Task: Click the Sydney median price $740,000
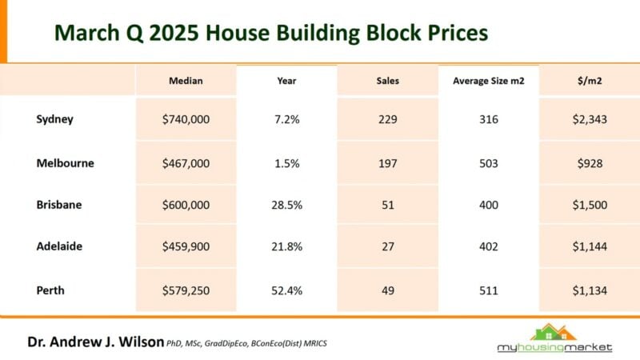[x=186, y=119]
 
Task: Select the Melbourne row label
[x=65, y=162]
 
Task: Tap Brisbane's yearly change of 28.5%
[x=286, y=205]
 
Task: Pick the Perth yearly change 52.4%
[x=286, y=290]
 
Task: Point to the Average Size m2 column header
[x=488, y=81]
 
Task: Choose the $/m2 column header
[x=589, y=81]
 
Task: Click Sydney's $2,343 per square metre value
[x=589, y=119]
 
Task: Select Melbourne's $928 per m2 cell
[x=589, y=162]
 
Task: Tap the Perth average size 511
[x=488, y=290]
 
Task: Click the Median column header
[x=186, y=81]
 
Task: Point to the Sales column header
[x=387, y=81]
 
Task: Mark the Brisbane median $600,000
[x=186, y=205]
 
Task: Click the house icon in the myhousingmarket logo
[x=554, y=331]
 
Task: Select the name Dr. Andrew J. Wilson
[x=94, y=342]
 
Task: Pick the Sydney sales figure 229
[x=387, y=119]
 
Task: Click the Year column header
[x=286, y=81]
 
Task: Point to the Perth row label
[x=50, y=290]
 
